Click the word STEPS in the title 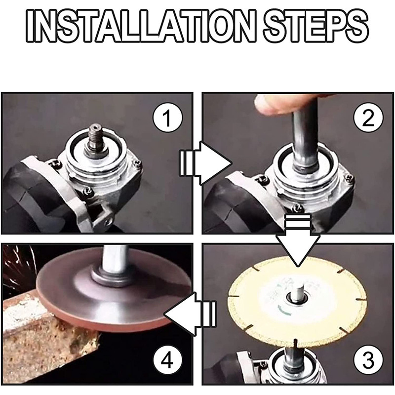pos(316,26)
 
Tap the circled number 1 pos(167,118)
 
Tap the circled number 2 pos(368,118)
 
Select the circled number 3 pos(368,360)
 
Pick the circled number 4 pos(167,360)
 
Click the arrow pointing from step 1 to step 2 pos(205,163)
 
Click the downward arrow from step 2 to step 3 pos(298,239)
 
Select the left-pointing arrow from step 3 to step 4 pos(190,314)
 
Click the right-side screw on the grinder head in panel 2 pos(350,178)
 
